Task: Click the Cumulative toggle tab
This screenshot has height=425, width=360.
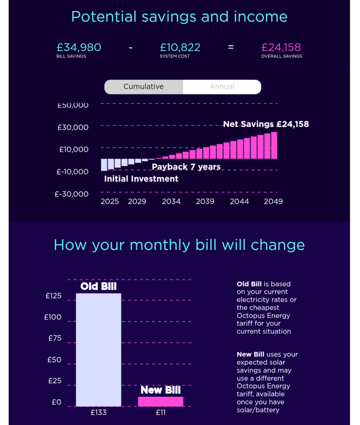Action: pos(143,87)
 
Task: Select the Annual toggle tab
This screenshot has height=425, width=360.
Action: pos(222,87)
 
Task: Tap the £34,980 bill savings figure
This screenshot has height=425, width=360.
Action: pos(79,47)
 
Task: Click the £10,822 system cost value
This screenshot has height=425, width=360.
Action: pos(180,47)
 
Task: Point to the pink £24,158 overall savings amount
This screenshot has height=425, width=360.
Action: pos(281,47)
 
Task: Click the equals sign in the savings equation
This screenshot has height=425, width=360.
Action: pos(231,47)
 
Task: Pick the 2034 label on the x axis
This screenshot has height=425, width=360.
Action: pos(171,201)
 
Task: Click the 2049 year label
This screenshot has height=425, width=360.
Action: pos(273,201)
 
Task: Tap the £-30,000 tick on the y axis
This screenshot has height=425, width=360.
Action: pos(71,194)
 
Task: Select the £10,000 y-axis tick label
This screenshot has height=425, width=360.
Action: pos(74,149)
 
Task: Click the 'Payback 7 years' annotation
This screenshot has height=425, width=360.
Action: pos(186,167)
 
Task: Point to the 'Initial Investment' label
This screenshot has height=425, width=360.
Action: pos(141,179)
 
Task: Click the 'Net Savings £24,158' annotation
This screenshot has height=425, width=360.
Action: pos(266,124)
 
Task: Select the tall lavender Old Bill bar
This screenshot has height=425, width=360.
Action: pos(98,350)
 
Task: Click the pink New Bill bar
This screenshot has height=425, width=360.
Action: pos(160,401)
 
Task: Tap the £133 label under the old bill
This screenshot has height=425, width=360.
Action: pos(98,412)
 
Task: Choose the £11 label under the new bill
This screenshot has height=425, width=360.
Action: pos(160,412)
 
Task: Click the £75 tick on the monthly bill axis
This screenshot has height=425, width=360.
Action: pos(55,338)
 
